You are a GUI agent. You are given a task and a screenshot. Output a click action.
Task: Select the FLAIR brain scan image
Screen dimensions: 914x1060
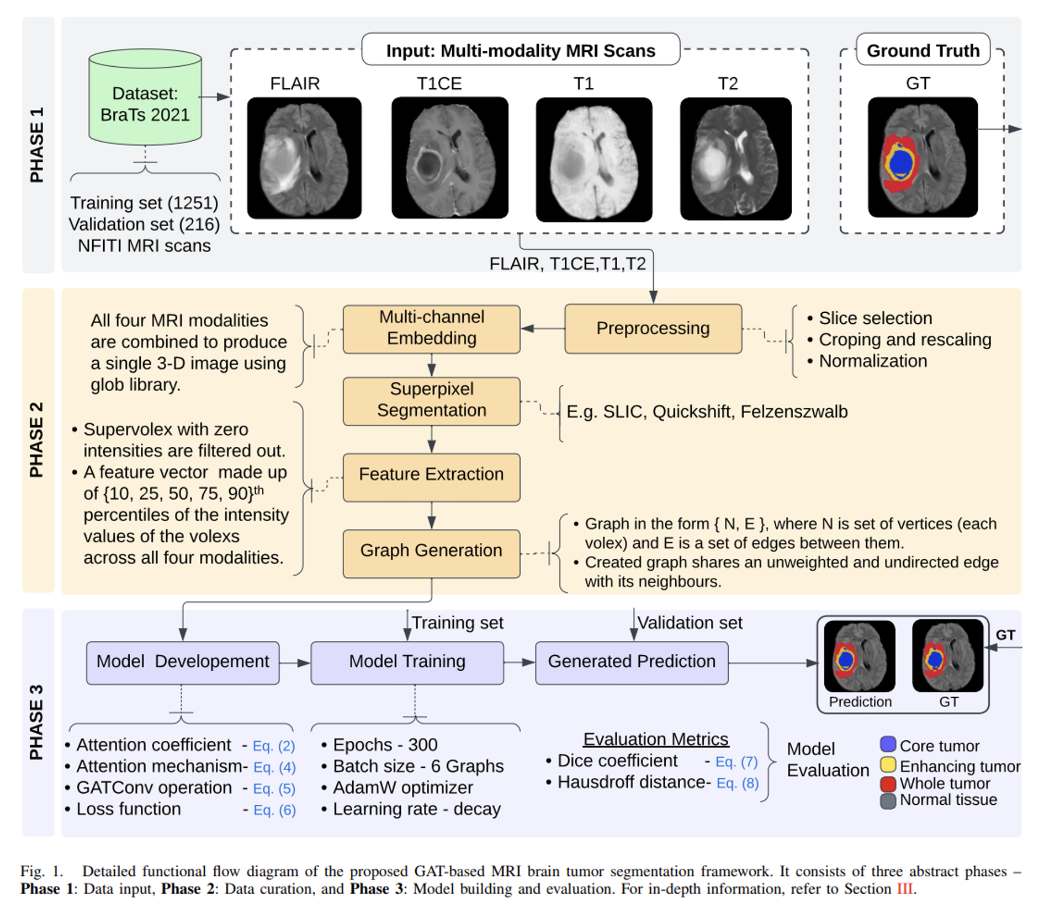click(304, 158)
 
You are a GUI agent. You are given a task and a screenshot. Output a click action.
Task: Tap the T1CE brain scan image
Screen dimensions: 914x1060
click(449, 158)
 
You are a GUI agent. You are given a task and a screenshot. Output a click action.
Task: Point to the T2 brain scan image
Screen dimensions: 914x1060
click(735, 159)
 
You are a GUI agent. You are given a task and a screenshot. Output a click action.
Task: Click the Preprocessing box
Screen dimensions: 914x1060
click(653, 329)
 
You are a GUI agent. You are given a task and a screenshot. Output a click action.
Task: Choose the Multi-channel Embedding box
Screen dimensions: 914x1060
click(431, 329)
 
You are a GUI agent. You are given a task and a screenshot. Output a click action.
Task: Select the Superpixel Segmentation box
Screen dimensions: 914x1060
click(431, 401)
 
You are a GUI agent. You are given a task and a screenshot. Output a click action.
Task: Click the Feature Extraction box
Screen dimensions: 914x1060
click(431, 477)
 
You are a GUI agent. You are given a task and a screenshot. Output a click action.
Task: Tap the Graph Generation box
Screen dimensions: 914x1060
click(431, 553)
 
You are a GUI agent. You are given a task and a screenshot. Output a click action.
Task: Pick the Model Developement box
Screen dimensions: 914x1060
click(182, 662)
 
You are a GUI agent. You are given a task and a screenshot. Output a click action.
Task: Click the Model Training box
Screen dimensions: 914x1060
click(407, 662)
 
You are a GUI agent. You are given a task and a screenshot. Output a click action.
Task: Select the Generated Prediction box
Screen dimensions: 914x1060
click(632, 662)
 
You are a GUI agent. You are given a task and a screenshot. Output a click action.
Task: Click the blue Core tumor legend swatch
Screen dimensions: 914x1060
click(888, 744)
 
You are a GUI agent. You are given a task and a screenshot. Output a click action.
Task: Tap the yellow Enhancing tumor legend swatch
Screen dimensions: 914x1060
click(888, 765)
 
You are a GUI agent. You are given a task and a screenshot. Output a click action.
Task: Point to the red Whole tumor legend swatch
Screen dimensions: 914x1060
click(888, 783)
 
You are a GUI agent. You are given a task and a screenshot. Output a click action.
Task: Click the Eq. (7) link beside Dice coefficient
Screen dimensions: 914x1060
click(736, 762)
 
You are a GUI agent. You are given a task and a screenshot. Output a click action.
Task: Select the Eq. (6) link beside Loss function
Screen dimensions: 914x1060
click(274, 810)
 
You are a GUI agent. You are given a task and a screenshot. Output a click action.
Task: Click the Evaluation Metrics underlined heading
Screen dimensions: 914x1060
click(656, 739)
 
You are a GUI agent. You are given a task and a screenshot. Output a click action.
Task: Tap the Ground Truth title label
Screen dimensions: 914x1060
click(923, 51)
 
